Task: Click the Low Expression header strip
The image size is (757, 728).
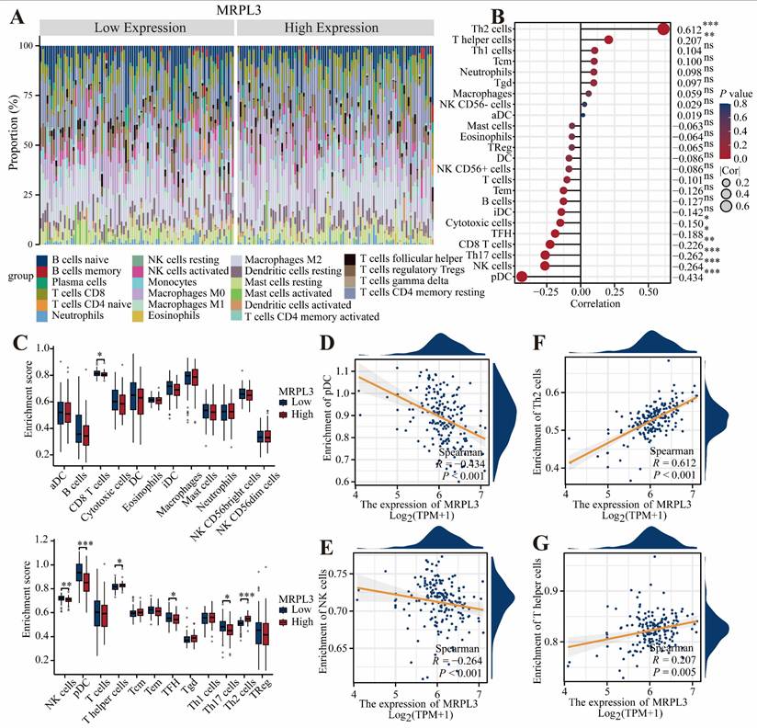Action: click(x=138, y=28)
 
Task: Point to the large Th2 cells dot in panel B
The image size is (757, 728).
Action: click(x=663, y=28)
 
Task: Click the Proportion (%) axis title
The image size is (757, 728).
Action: click(x=13, y=138)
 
